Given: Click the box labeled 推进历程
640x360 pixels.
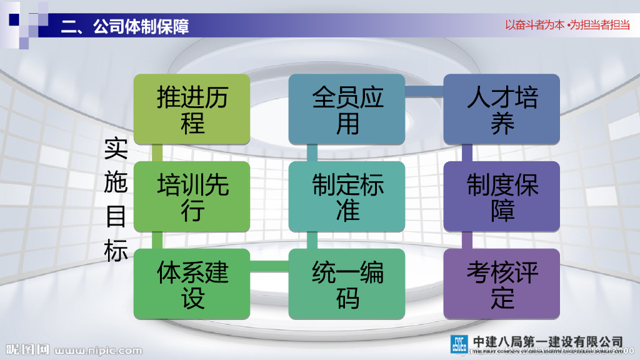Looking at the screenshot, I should (192, 109).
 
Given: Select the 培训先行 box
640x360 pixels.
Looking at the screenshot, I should (192, 196).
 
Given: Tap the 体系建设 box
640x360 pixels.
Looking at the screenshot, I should (192, 284).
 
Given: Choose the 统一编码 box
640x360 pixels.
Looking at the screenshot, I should (347, 284).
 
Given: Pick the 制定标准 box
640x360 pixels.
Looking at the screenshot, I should (347, 196).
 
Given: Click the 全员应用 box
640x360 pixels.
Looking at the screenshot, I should (347, 109).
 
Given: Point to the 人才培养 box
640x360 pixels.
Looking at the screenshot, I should (502, 109).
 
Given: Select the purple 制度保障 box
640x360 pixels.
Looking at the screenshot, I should (502, 196).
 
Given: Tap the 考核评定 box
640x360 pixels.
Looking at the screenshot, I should (502, 284).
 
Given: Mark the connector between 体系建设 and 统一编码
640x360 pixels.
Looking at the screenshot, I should (269, 267).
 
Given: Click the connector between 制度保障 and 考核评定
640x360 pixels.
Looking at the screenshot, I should (467, 240).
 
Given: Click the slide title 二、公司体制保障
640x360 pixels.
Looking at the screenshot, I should (125, 26).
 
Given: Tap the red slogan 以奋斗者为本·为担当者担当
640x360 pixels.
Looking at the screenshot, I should (567, 26).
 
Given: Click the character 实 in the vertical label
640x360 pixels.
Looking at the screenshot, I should (116, 149).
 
